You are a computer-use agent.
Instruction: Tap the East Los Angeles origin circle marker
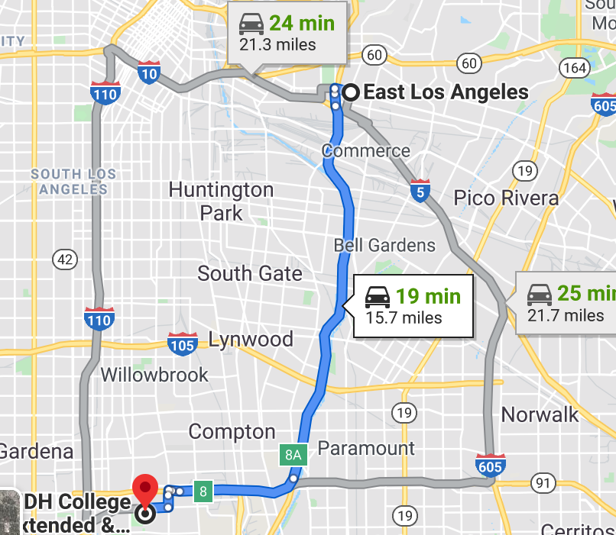click(352, 92)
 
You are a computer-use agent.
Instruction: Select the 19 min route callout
click(413, 305)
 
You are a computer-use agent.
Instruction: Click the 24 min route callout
click(287, 34)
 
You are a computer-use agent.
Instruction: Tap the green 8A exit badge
click(293, 456)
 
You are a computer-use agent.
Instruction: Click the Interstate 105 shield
click(183, 344)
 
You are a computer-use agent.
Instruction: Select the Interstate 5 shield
click(418, 191)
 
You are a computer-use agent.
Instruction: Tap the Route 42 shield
click(66, 259)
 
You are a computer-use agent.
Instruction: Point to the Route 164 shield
click(574, 69)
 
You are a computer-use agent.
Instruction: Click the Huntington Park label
click(221, 201)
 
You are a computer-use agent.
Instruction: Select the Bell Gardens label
click(384, 245)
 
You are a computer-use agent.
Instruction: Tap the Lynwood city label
click(251, 340)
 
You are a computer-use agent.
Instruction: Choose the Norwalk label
click(540, 414)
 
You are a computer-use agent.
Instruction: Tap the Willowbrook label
click(154, 375)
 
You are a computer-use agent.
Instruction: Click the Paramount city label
click(366, 448)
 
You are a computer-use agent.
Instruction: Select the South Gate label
click(250, 273)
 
